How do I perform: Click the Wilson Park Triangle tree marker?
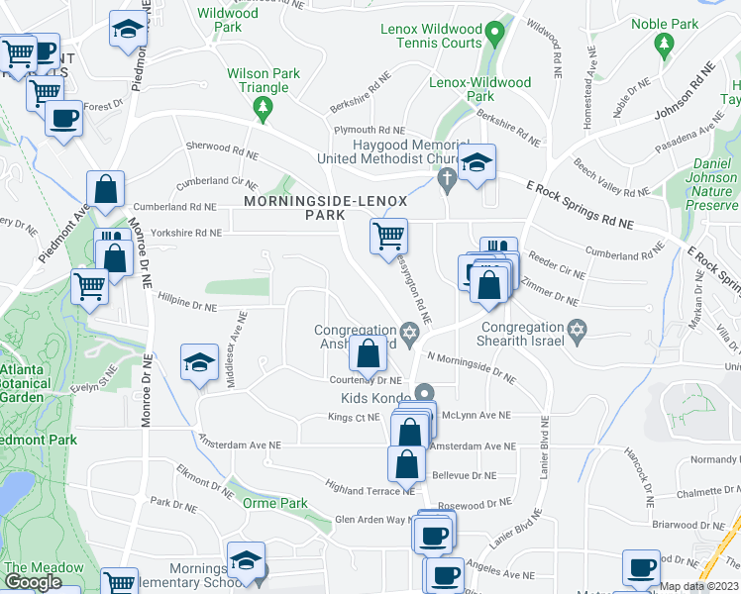(x=263, y=113)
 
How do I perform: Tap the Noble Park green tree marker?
(x=664, y=44)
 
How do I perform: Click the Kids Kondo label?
(x=375, y=397)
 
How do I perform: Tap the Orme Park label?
(x=274, y=503)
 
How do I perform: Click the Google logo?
(x=33, y=581)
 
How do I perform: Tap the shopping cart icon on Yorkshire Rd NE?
(x=388, y=236)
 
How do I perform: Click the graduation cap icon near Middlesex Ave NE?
(x=199, y=362)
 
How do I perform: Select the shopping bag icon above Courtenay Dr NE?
(x=368, y=352)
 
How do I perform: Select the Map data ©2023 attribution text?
(x=699, y=586)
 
